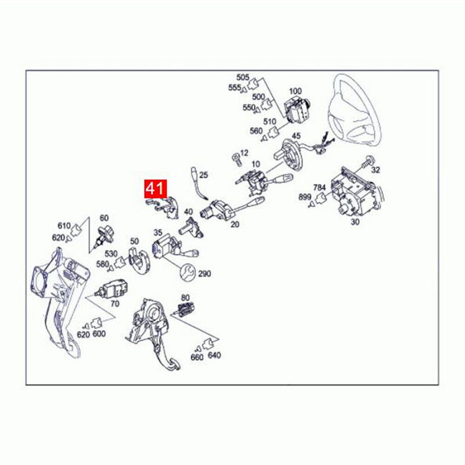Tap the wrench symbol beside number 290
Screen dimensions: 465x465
click(188, 271)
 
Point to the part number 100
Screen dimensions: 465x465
click(295, 91)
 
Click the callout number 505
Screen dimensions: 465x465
click(242, 77)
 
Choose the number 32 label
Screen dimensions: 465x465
click(375, 170)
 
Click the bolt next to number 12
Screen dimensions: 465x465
click(235, 157)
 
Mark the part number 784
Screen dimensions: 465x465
click(319, 187)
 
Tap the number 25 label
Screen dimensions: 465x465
click(203, 174)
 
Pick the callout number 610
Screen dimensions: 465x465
click(63, 226)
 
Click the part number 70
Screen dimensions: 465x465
click(114, 303)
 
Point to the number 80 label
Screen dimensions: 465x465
click(185, 298)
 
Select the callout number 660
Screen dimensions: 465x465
click(197, 357)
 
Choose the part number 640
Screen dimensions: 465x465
click(214, 356)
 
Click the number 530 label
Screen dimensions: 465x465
click(111, 253)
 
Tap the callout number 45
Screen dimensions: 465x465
click(296, 137)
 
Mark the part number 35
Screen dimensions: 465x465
click(158, 233)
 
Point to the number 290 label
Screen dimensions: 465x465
click(205, 274)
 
